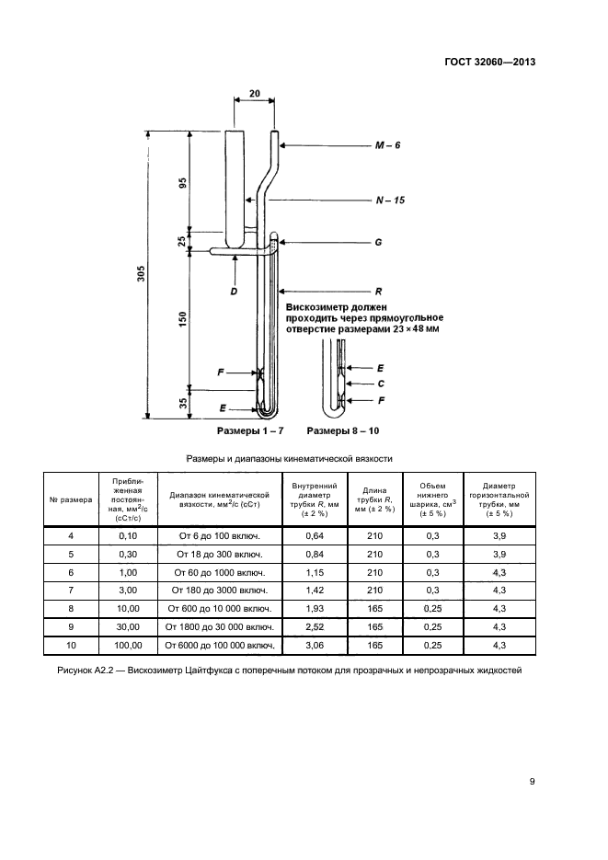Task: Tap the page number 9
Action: click(533, 782)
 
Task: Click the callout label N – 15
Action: click(390, 200)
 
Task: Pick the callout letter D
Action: click(235, 290)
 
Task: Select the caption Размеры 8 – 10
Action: click(343, 430)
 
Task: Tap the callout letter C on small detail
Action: click(380, 383)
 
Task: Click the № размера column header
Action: click(71, 499)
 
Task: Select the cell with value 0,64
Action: click(315, 535)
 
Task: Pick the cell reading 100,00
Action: click(128, 646)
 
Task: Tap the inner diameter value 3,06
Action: click(315, 646)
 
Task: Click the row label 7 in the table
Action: click(71, 591)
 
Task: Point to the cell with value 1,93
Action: click(315, 609)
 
